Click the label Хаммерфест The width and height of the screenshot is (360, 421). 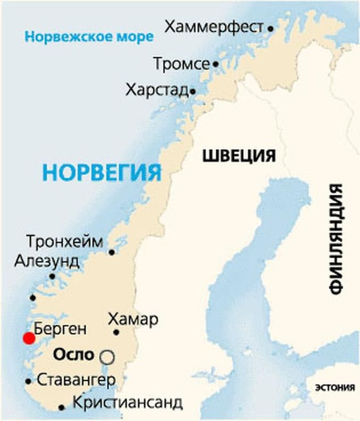[x=214, y=27]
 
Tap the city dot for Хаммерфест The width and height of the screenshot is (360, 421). [x=271, y=27]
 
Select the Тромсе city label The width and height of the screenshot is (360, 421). [x=181, y=64]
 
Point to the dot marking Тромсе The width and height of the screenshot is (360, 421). [x=216, y=64]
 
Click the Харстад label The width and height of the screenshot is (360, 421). [x=157, y=90]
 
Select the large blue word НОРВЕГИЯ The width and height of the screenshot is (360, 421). [x=103, y=172]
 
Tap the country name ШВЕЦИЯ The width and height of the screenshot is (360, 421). [x=239, y=156]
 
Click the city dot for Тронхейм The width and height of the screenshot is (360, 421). [x=111, y=252]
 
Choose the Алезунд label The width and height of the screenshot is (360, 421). [x=47, y=261]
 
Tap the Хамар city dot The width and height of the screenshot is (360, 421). [x=116, y=332]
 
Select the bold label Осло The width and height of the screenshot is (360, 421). [x=74, y=355]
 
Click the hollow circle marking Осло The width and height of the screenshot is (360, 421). [x=107, y=357]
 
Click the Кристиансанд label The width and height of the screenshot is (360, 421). [x=127, y=403]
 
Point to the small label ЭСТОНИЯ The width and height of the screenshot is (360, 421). [x=334, y=388]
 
